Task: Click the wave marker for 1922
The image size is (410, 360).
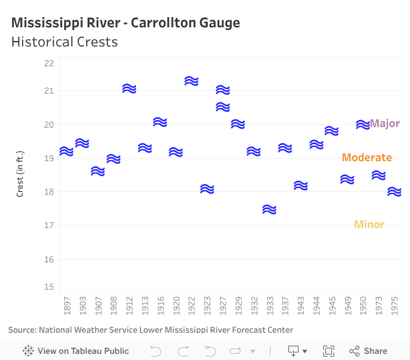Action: (191, 81)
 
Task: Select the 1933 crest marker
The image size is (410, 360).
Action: (269, 210)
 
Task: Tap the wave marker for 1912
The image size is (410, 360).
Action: (129, 88)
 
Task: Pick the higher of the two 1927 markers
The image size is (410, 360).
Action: (223, 90)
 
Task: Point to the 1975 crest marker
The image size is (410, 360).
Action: (394, 192)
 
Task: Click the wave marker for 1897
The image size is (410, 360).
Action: (66, 151)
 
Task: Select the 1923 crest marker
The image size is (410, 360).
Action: (207, 189)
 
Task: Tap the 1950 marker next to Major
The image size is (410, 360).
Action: (363, 124)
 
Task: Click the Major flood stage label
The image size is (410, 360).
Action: (385, 124)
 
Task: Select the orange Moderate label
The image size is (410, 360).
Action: (367, 158)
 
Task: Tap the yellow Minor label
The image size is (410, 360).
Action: (369, 225)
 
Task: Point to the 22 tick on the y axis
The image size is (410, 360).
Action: (49, 64)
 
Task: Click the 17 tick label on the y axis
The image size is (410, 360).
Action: (49, 225)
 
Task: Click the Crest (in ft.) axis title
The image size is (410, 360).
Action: (20, 174)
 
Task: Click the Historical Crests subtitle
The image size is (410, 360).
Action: (64, 42)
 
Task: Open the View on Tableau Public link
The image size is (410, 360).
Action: (76, 351)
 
